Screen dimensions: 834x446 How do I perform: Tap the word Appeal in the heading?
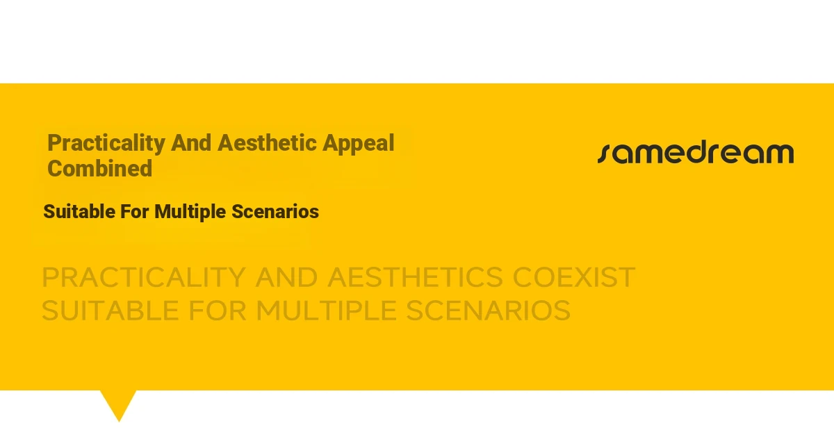358,144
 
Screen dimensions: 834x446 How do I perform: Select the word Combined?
100,168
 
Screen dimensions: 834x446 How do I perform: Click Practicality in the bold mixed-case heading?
106,144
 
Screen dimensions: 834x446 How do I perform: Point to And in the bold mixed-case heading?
191,143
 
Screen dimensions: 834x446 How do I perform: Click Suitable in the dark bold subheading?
79,211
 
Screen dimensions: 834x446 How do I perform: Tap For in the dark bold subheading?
135,211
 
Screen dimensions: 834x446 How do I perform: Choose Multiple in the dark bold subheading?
190,212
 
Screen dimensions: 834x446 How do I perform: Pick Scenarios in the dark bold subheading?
275,211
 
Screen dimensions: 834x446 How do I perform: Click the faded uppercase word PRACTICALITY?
144,277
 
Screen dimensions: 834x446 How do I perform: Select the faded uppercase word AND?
286,277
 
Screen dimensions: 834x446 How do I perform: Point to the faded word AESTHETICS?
415,277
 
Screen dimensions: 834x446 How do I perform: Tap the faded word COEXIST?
574,277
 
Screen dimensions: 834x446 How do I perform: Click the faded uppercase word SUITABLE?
111,311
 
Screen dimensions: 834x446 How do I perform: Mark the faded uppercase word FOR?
218,311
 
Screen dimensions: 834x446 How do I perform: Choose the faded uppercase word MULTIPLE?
326,311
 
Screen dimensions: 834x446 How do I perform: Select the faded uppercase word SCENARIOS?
488,311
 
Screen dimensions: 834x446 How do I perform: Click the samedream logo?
696,153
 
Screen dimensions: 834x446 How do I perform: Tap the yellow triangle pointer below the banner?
119,404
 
